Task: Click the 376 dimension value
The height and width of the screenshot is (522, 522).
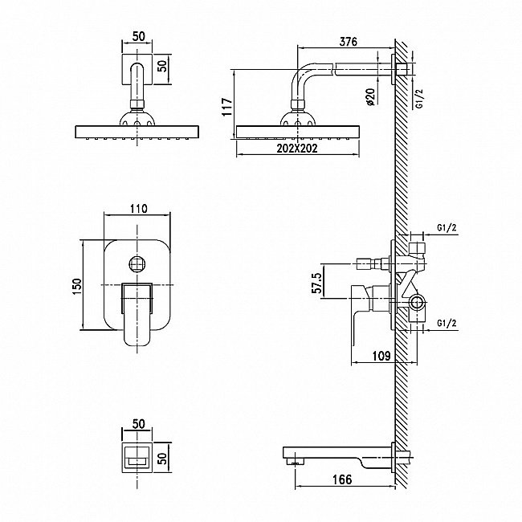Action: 348,42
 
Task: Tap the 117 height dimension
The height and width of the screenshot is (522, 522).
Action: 227,107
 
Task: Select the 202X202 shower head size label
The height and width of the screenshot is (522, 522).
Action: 297,148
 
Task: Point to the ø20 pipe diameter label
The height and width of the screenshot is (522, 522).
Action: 370,97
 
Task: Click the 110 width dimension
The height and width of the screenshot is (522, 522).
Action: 138,209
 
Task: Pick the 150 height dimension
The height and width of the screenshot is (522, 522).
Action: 77,287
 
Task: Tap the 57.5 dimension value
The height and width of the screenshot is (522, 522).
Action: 317,283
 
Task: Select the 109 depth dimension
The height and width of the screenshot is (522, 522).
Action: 381,356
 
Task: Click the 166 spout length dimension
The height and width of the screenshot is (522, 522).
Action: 342,479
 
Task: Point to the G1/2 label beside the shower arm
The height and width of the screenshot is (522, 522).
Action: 420,99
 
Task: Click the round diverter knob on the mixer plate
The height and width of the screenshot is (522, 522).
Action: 137,264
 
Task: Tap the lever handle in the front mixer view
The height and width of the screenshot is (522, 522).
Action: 137,314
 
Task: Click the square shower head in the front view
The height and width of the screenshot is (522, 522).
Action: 137,132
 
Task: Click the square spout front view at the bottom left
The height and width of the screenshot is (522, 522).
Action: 137,458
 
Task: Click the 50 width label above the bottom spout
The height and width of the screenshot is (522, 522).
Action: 139,424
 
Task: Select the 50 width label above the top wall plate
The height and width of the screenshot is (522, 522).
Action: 139,36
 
